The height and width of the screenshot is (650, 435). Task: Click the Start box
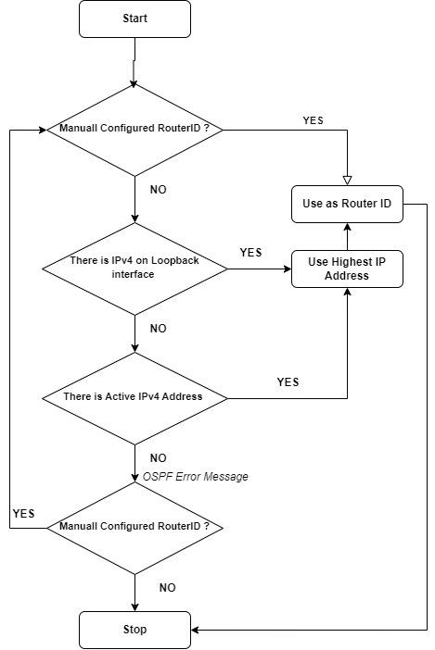(x=134, y=19)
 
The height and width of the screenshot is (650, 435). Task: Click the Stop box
(x=134, y=630)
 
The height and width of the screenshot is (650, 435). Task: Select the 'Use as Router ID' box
(x=347, y=204)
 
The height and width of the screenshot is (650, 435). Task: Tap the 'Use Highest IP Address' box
(x=347, y=269)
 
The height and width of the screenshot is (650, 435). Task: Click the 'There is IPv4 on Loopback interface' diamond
(x=134, y=269)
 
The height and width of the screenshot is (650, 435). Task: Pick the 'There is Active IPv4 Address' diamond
(x=134, y=398)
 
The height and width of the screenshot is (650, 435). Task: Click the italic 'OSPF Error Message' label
(x=196, y=477)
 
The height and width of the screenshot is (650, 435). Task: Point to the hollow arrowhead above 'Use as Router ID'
(x=348, y=181)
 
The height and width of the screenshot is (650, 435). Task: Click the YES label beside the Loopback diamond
(x=250, y=253)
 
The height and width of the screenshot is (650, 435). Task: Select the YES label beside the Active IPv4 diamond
(x=288, y=381)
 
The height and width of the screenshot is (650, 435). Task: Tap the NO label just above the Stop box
(x=167, y=587)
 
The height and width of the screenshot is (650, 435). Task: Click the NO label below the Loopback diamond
(x=159, y=329)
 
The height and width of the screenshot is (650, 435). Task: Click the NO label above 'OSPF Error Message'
(x=159, y=458)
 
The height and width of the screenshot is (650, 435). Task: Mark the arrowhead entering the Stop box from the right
(x=195, y=631)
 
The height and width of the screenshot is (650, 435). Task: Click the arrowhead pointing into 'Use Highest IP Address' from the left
(x=288, y=269)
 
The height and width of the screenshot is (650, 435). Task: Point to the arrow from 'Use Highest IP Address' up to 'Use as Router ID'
(x=348, y=236)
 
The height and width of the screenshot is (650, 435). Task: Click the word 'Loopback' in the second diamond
(x=174, y=260)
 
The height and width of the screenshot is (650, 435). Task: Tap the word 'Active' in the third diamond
(x=119, y=396)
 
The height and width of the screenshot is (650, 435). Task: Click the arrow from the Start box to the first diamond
(x=134, y=63)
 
